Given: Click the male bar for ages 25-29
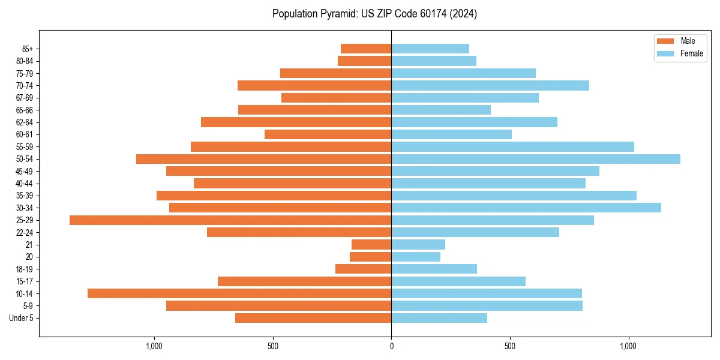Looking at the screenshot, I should pos(230,220).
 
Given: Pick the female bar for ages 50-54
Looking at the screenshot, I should pos(536,159).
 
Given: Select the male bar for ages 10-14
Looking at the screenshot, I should pos(239,293).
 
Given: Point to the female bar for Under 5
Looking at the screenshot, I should pos(439,318).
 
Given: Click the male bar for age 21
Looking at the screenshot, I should pos(371,245).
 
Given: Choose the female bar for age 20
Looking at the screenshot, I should pos(416,257).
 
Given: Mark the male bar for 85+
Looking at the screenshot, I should pos(366,49).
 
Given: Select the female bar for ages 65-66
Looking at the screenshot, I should pos(441,110).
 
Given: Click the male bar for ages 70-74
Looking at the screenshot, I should pos(314,85).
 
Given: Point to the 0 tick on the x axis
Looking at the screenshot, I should pos(391,346).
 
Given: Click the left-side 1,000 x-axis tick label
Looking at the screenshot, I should pos(154,346).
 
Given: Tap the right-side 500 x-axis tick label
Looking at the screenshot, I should pos(510,346).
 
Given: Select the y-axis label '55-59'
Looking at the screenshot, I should pos(25,147).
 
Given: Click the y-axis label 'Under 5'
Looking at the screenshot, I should pos(22,318).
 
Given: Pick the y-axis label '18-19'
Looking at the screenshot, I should pos(25,269).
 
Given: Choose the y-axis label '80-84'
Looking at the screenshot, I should pos(25,61).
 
